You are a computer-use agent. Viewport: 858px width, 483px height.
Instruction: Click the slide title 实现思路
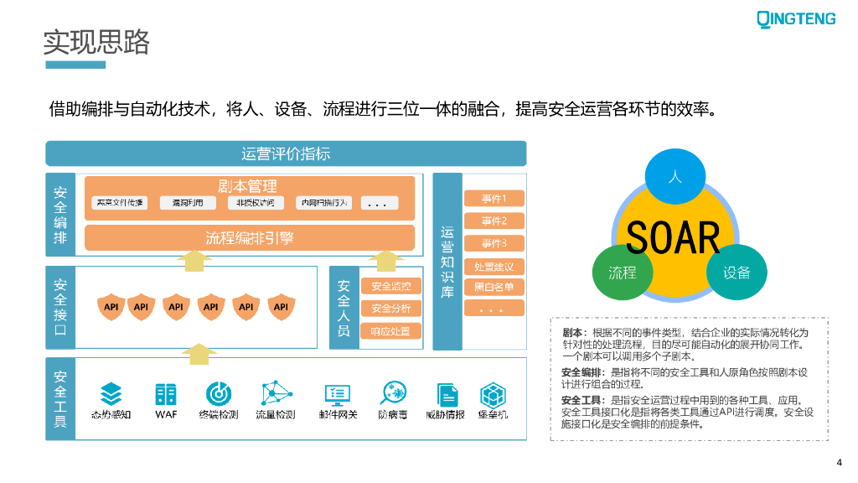coord(96,42)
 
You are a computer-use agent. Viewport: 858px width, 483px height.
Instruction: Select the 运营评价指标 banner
coord(286,153)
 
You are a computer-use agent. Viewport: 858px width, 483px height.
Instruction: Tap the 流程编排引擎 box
coord(250,238)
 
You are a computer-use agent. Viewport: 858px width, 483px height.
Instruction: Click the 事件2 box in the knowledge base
coord(494,221)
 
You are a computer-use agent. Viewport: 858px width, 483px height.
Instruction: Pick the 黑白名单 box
coord(494,288)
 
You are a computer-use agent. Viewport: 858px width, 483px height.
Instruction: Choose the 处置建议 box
coord(494,267)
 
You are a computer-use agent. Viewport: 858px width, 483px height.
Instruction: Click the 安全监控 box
coord(390,287)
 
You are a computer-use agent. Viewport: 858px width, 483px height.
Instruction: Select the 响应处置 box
coord(390,331)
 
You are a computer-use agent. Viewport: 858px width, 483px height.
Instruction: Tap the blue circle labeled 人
coord(675,178)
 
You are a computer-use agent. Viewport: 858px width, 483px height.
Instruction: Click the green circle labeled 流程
coord(623,273)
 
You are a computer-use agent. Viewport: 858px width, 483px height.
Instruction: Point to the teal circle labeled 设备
coord(737,273)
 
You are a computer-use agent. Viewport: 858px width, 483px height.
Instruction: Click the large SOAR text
coord(674,237)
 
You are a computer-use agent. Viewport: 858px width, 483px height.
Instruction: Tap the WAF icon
coord(166,393)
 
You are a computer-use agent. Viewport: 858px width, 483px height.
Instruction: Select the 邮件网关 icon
coord(337,393)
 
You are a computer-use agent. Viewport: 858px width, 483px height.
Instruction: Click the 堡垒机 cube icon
coord(492,393)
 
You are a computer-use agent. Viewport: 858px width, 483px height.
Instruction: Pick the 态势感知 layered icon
coord(111,393)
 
